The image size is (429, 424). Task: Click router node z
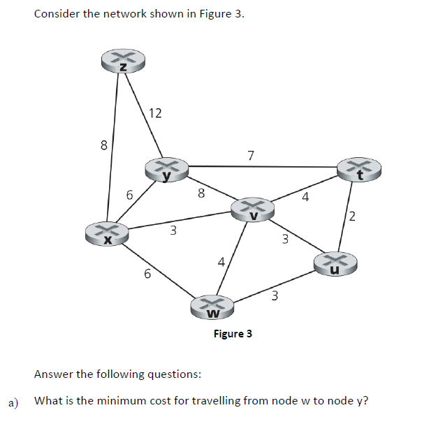[123, 62]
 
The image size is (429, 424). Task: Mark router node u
[335, 264]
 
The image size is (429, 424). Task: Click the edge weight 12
[155, 113]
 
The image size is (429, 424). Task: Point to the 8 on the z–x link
[103, 146]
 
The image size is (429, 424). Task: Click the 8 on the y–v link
[201, 193]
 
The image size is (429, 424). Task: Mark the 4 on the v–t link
[305, 197]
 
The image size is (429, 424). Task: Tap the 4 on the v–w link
[220, 263]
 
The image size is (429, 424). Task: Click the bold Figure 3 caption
[233, 333]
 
